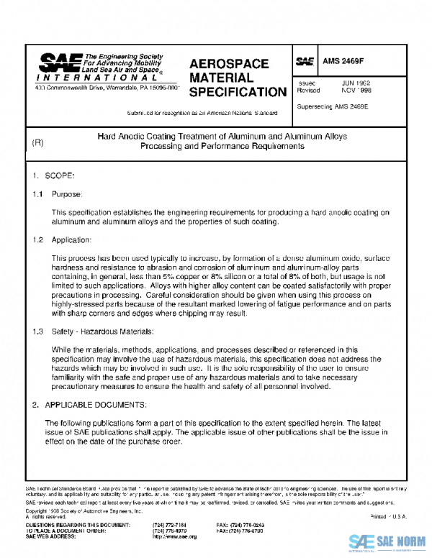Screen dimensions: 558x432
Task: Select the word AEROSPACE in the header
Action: (x=228, y=63)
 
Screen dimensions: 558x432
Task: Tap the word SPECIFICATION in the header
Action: (x=238, y=92)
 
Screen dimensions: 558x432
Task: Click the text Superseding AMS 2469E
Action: (x=332, y=106)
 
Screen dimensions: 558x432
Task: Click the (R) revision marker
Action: (x=38, y=142)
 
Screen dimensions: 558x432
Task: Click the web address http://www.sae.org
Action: (x=174, y=536)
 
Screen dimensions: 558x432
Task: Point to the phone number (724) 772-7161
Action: (x=170, y=525)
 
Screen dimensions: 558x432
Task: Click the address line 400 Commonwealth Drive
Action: (x=107, y=88)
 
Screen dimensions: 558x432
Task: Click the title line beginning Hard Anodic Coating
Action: (x=222, y=136)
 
